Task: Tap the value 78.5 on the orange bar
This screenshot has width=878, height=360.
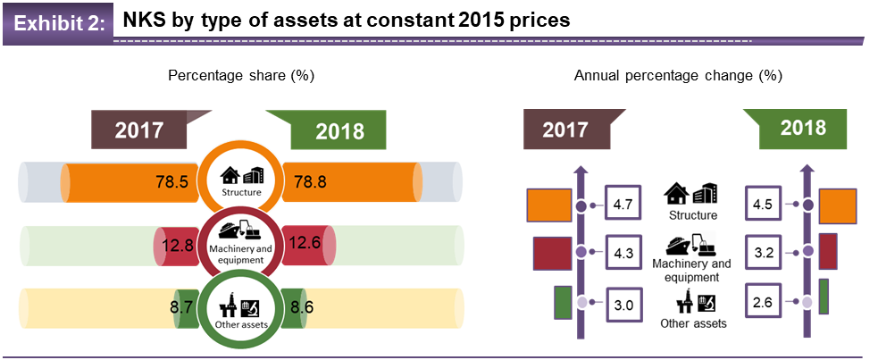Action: pyautogui.click(x=170, y=181)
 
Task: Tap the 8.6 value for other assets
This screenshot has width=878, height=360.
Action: pyautogui.click(x=299, y=306)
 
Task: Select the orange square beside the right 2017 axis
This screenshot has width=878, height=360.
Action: pyautogui.click(x=549, y=205)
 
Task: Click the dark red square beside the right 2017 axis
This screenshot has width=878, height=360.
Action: pyautogui.click(x=552, y=253)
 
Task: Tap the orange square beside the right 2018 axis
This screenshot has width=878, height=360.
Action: pyautogui.click(x=837, y=205)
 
